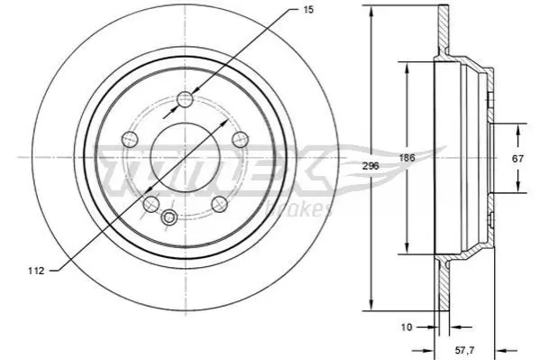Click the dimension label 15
point(308,10)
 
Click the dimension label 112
point(36,271)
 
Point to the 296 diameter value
point(371,166)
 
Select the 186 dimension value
point(407,158)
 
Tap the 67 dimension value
point(517,159)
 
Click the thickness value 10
point(407,327)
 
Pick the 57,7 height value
point(464,350)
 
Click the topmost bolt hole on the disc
point(186,99)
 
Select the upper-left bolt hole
point(130,139)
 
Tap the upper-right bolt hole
point(240,139)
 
